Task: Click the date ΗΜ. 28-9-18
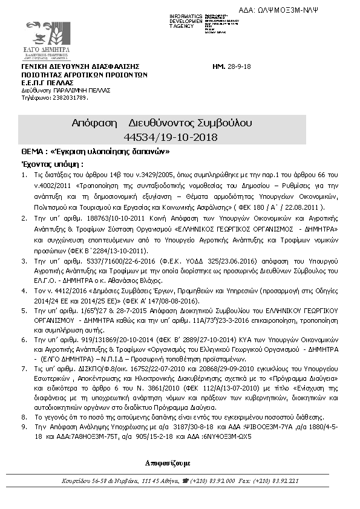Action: (233, 66)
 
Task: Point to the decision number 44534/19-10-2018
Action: (182, 137)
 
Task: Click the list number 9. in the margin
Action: (24, 426)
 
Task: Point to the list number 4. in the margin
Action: (24, 291)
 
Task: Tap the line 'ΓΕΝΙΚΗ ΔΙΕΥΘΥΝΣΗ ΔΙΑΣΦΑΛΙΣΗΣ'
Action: (80, 66)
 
